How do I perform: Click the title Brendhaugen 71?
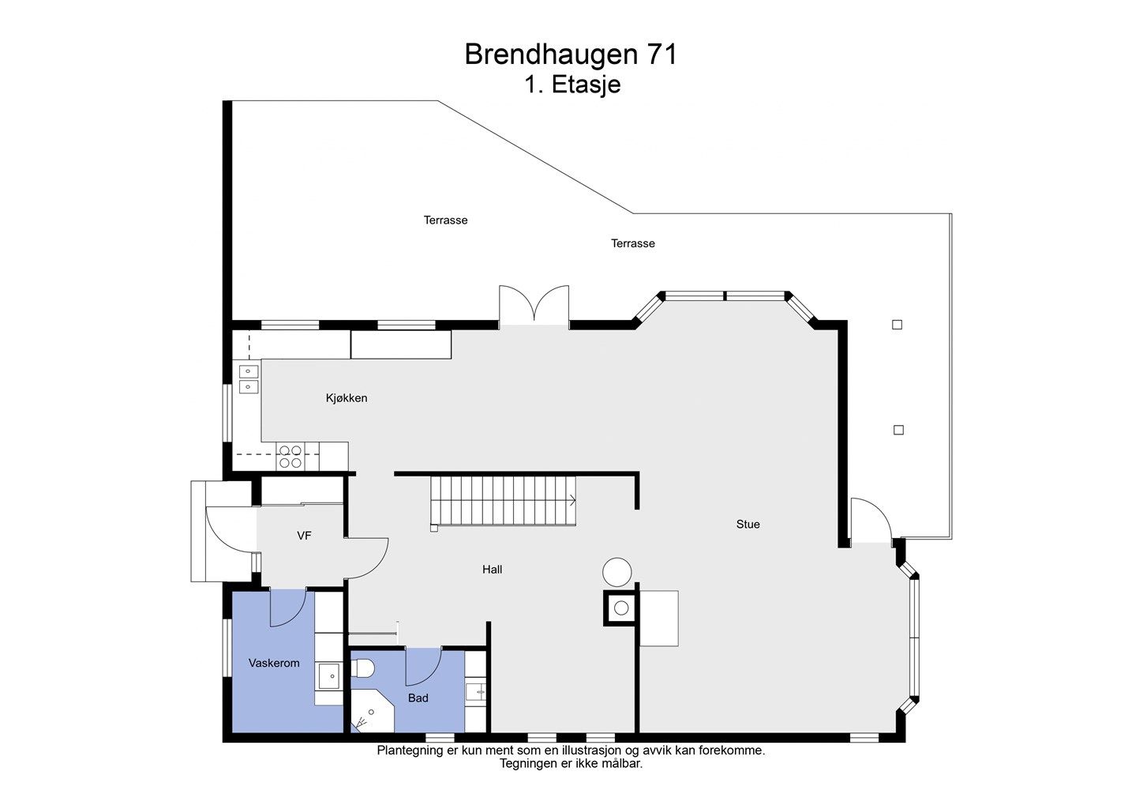[571, 55]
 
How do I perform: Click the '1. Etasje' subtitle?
[572, 85]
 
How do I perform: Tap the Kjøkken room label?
[347, 398]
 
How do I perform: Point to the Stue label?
[748, 524]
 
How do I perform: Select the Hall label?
[493, 570]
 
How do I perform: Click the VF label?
[304, 535]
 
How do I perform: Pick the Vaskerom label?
[274, 663]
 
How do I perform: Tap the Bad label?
[418, 698]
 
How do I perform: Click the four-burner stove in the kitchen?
[290, 457]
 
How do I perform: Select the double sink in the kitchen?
[249, 379]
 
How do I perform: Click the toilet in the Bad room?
[363, 668]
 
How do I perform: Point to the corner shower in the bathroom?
[372, 712]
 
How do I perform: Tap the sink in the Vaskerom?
[329, 675]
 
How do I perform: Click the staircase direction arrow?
[572, 501]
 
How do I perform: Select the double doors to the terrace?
[534, 306]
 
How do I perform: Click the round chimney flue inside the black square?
[621, 608]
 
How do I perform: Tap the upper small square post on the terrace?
[897, 325]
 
